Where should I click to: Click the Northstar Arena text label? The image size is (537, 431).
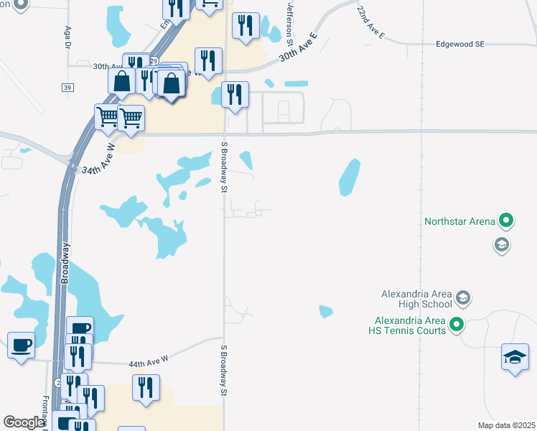tap(460, 221)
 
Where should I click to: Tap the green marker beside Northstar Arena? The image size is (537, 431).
tap(506, 221)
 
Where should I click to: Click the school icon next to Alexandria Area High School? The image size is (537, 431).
tap(463, 297)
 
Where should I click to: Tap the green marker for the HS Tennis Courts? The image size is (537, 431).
tap(457, 325)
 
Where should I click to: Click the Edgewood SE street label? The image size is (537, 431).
tap(460, 44)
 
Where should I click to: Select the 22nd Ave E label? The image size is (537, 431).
tap(370, 24)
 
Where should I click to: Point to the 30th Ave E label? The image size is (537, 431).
tap(298, 47)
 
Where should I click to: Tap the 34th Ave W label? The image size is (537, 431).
tap(98, 160)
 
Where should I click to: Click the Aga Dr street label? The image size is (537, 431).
tap(68, 37)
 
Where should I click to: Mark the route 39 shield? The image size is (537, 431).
tap(67, 87)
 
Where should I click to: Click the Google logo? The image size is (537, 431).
tap(24, 422)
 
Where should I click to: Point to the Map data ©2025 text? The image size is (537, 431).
tap(506, 425)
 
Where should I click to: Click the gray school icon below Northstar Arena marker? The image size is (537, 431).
tap(500, 246)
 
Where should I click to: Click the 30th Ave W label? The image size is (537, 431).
tap(107, 65)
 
